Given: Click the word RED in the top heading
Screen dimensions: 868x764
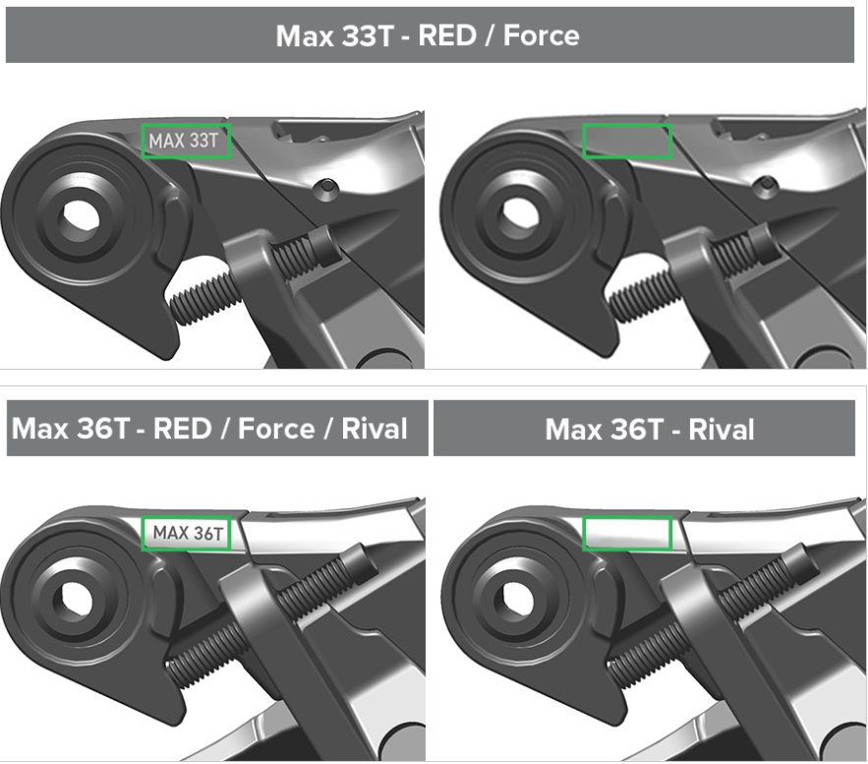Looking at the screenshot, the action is point(447,35).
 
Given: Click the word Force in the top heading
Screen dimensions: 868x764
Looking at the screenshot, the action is point(542,35).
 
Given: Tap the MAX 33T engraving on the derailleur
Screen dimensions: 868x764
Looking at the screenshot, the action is point(184,142).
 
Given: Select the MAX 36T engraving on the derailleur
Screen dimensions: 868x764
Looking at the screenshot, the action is point(188,533).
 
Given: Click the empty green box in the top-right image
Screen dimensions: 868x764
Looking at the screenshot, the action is point(627,125).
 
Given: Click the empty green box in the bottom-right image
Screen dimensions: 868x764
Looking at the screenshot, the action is point(627,517).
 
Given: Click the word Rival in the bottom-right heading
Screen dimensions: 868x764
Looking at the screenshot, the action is point(722,429).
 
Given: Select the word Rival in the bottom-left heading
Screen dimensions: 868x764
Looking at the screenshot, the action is point(375,429).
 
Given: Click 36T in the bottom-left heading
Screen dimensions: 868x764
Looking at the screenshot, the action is point(102,429).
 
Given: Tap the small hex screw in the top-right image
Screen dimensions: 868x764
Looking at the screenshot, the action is point(767,185).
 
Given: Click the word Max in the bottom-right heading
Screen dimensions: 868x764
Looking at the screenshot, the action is point(572,429).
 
